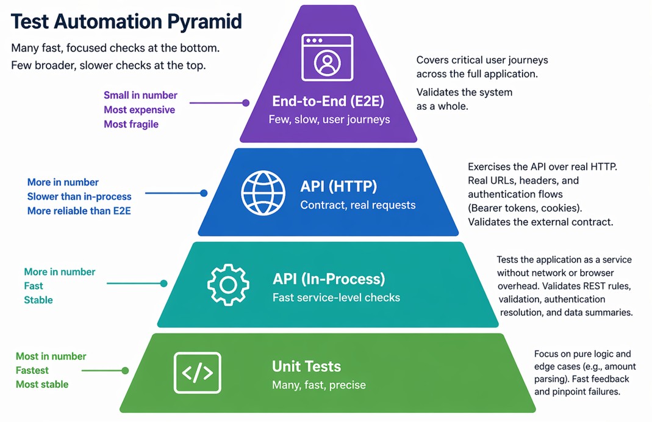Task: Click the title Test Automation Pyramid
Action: (126, 21)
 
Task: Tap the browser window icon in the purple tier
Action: (328, 57)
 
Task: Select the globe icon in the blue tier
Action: (263, 192)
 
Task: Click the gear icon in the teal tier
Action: (228, 285)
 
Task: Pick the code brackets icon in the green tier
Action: (197, 372)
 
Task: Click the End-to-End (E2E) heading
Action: (329, 102)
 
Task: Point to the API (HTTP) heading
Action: (339, 186)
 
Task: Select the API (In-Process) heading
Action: (329, 279)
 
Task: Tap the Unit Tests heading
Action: (306, 366)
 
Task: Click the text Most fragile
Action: (131, 124)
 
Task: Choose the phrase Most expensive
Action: (139, 110)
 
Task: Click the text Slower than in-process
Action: (79, 197)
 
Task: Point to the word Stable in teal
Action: (38, 300)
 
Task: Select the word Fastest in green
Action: (32, 370)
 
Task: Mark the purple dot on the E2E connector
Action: (246, 103)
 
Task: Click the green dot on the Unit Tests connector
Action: (125, 371)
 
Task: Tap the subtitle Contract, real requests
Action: (357, 205)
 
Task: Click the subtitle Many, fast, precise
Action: (318, 385)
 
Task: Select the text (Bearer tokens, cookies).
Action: (524, 208)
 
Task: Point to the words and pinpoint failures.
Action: (577, 391)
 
